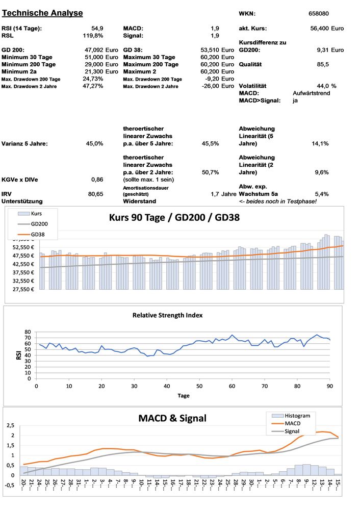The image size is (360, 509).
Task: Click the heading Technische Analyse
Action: click(42, 13)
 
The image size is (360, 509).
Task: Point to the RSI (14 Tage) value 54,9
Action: click(97, 29)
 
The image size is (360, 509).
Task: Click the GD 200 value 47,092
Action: click(93, 50)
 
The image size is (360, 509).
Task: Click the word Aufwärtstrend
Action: click(312, 93)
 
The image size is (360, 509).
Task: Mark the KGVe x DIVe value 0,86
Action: click(97, 180)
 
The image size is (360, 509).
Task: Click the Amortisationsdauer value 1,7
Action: click(215, 194)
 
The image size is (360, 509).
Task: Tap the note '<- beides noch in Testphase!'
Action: click(277, 201)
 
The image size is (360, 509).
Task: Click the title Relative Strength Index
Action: click(167, 315)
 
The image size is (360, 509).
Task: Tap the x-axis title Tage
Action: click(184, 395)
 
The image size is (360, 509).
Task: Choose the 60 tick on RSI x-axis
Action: click(232, 386)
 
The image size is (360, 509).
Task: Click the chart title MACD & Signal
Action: click(172, 418)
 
